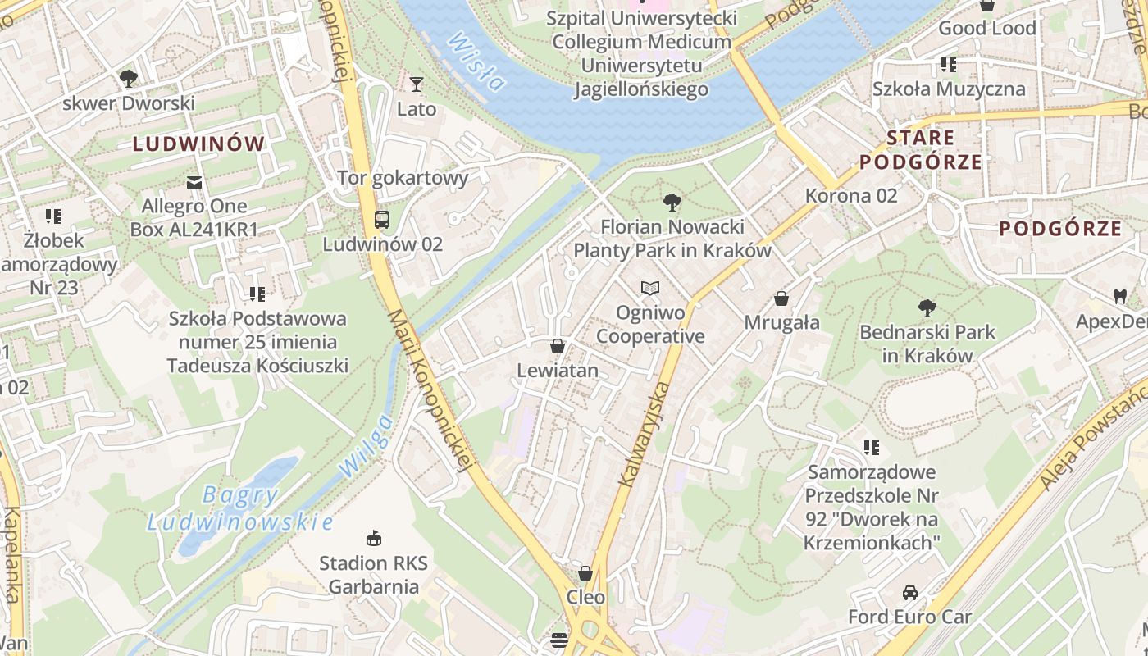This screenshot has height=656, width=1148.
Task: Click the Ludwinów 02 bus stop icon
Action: click(x=382, y=220)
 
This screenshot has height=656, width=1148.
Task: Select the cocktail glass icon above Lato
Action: click(x=417, y=84)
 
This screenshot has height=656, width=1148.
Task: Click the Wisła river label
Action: click(x=476, y=61)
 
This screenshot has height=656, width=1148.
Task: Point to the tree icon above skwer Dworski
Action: click(x=128, y=79)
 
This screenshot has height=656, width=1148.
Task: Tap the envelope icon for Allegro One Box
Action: click(x=194, y=182)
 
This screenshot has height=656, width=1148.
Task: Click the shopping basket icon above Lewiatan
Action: click(x=558, y=347)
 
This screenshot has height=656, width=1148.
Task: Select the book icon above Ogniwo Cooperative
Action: click(x=650, y=289)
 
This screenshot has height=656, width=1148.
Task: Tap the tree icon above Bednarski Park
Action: click(x=927, y=308)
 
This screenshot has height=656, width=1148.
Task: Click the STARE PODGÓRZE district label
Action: click(x=920, y=149)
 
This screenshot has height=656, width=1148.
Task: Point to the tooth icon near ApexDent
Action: click(x=1119, y=296)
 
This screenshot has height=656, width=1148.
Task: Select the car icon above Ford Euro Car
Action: click(x=909, y=593)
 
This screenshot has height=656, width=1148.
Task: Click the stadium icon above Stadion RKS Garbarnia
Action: click(x=374, y=539)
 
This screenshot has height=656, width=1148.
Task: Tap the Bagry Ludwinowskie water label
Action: click(x=240, y=508)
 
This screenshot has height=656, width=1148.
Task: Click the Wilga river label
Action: click(x=366, y=446)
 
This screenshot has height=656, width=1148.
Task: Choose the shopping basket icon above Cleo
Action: click(x=585, y=573)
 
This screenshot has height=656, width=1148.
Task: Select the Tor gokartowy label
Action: click(x=403, y=177)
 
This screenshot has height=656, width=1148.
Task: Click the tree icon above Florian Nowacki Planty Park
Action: click(x=672, y=202)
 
